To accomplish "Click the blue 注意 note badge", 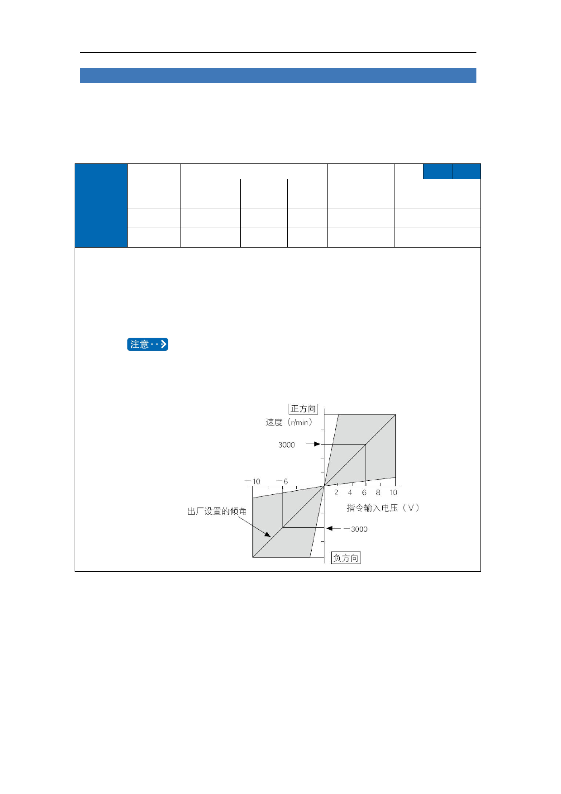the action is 147,344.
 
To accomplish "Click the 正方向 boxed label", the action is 303,409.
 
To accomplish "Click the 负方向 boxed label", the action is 346,558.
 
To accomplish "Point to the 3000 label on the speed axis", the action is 286,445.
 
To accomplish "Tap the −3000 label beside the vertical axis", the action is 356,529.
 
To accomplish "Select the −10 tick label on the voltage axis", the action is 252,481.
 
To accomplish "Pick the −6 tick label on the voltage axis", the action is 282,481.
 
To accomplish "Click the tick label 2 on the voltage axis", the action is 336,493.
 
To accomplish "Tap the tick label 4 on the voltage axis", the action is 350,493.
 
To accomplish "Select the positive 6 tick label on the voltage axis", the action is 364,493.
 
